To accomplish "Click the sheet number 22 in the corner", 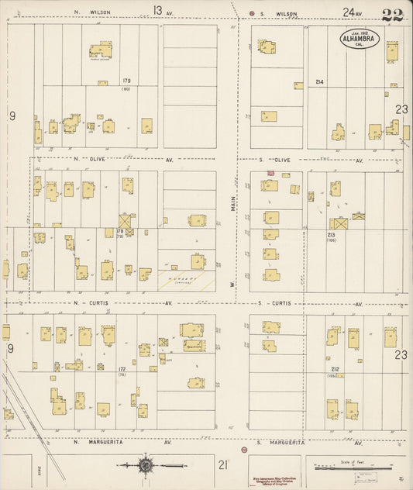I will [x=393, y=14].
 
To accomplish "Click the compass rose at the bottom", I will [x=146, y=465].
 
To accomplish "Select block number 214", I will [x=319, y=81].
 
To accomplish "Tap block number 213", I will [x=331, y=234].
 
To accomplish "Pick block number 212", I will [x=335, y=369].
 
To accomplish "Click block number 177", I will [x=122, y=369].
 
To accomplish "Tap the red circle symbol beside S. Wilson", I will [x=252, y=13].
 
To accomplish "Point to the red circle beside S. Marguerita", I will [x=244, y=450].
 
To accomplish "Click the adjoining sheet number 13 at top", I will [x=157, y=10].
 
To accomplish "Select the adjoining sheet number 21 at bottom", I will [x=222, y=464].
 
